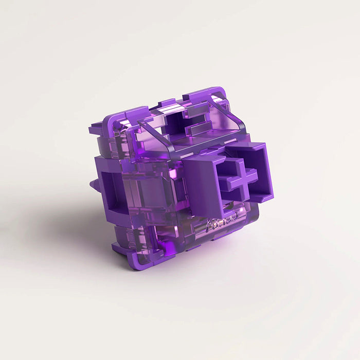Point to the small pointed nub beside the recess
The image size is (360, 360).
click(93, 184)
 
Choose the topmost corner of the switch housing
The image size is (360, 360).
click(219, 91)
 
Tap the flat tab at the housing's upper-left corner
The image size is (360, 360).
click(97, 129)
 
